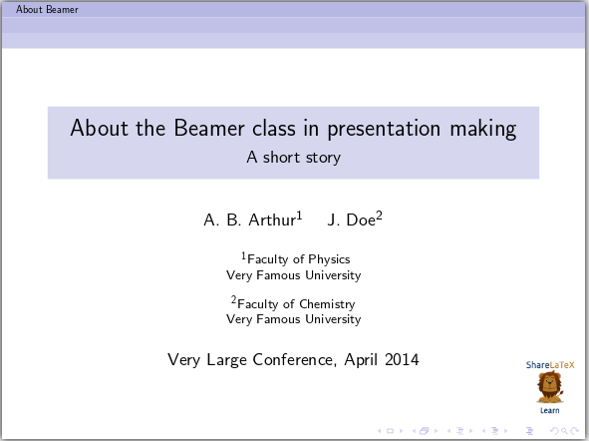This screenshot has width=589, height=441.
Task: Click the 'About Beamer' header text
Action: click(x=40, y=9)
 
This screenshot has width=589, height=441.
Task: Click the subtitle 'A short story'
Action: click(x=294, y=157)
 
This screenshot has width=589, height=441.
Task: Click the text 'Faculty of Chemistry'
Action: click(x=296, y=304)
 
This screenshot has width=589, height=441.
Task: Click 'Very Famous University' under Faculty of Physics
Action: click(x=294, y=275)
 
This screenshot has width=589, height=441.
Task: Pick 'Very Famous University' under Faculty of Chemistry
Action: click(x=294, y=320)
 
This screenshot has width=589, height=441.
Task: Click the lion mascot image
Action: click(x=549, y=387)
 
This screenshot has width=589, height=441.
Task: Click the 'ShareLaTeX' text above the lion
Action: click(x=550, y=366)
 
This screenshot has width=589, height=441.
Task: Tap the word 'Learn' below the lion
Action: click(x=549, y=410)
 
